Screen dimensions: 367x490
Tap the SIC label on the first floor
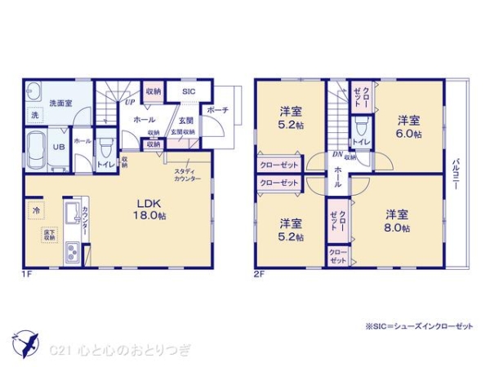[189, 92]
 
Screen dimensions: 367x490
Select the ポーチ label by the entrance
[217, 110]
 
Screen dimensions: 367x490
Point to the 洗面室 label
[58, 104]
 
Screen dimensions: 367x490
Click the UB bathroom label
[59, 147]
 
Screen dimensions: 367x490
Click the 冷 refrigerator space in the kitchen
[36, 210]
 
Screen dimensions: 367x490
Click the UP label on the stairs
[129, 104]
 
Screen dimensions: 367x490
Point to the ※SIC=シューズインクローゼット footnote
[419, 326]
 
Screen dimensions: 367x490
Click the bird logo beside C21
[25, 342]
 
